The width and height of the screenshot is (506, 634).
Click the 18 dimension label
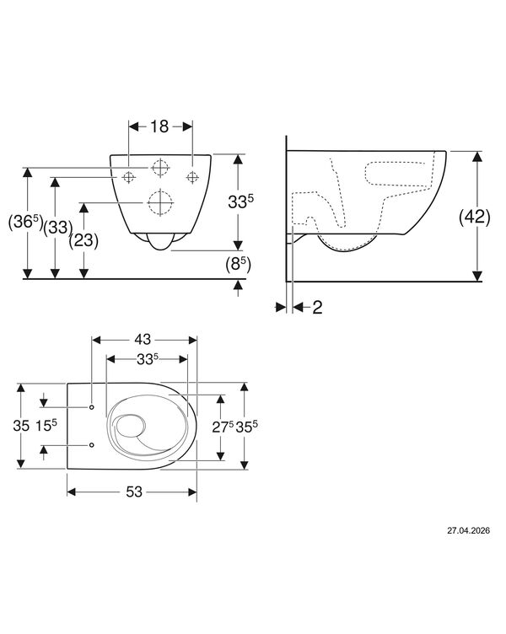point(159,126)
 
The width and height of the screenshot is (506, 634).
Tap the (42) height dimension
point(474,218)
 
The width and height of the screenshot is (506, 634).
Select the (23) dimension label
point(83,240)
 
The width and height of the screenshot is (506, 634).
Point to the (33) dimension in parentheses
point(58,228)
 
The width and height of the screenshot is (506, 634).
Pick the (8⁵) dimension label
point(238,265)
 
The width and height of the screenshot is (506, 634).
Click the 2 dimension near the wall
point(317,308)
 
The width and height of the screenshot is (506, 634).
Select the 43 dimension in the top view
point(143,340)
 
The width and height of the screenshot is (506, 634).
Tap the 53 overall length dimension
point(134,492)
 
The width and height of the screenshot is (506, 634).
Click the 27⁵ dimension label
point(223,427)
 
